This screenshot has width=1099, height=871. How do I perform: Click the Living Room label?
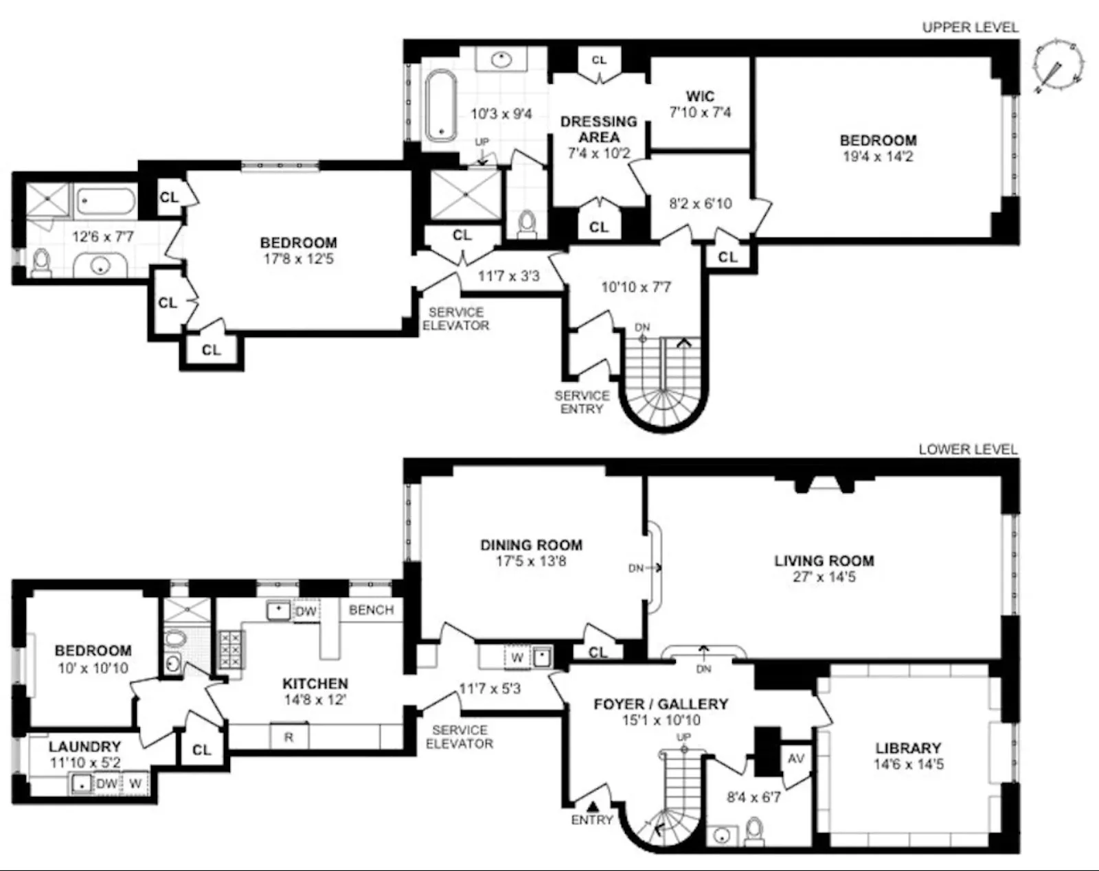[824, 561]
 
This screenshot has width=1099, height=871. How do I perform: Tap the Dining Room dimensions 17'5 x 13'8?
[531, 561]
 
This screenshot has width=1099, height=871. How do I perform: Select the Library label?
[907, 748]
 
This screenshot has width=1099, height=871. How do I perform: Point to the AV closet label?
[795, 758]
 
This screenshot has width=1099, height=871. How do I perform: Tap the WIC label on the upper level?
[700, 96]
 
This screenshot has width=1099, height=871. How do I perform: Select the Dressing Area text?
[598, 129]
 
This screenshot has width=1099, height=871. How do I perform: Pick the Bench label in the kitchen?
[371, 610]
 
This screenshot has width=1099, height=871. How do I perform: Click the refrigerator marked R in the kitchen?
[288, 737]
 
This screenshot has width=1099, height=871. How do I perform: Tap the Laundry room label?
[84, 746]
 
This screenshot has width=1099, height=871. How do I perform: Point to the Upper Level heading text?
[969, 27]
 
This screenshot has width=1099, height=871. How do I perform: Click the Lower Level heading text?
[967, 450]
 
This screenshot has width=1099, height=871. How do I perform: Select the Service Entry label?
[582, 402]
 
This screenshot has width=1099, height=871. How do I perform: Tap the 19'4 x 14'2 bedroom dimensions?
[878, 156]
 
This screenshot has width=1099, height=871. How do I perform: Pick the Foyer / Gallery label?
[660, 704]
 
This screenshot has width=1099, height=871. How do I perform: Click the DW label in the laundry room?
[106, 784]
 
